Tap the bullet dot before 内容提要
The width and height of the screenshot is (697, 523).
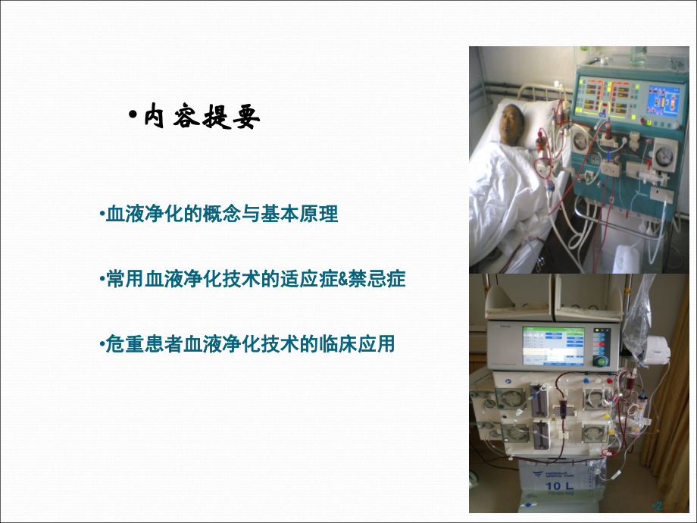click(133, 114)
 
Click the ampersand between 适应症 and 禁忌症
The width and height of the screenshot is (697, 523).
click(343, 280)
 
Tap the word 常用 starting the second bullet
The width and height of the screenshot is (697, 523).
click(117, 280)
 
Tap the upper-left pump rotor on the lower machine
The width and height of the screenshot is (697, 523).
click(510, 397)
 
